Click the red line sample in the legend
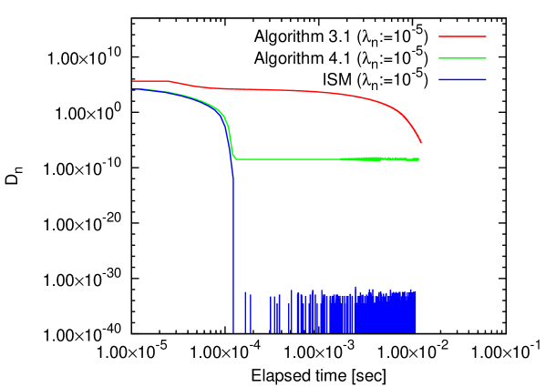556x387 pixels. point(462,36)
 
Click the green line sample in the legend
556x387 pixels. point(462,58)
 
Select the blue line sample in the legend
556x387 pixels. point(462,80)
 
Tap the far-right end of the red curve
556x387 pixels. point(421,142)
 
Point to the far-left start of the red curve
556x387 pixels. point(133,81)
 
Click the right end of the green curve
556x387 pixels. point(418,159)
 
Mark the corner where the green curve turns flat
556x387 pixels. point(235,158)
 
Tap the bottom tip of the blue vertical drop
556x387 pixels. point(233,331)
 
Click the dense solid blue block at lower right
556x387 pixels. point(374,314)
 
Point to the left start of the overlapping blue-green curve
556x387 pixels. point(134,89)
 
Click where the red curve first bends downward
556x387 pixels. point(170,82)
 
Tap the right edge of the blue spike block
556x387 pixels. point(417,311)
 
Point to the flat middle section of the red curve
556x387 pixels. point(273,90)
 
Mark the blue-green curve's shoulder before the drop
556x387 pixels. point(222,115)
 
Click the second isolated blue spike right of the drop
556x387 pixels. point(251,312)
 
